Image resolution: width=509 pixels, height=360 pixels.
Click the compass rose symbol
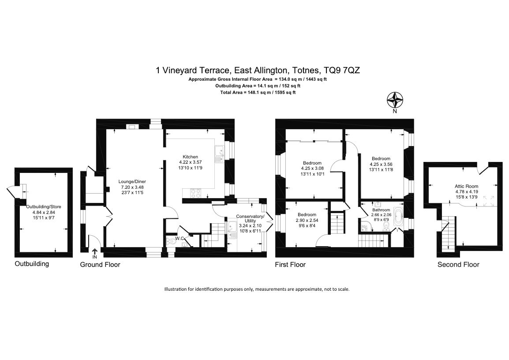[x=395, y=100]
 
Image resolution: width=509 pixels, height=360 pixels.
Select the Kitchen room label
[x=190, y=157]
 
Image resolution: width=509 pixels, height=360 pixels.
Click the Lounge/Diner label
[x=132, y=182]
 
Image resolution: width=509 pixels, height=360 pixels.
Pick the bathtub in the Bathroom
[x=398, y=217]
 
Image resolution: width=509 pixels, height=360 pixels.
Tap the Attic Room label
[x=467, y=186]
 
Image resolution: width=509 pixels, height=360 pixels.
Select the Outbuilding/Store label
[x=44, y=207]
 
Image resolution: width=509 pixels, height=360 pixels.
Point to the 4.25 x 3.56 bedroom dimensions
[x=381, y=164]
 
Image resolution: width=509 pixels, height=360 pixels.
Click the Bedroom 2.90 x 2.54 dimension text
[x=307, y=220]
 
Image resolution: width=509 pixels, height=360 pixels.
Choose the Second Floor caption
[x=458, y=265]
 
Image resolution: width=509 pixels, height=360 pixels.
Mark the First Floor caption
[x=290, y=265]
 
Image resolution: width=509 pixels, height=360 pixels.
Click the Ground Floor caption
[x=100, y=265]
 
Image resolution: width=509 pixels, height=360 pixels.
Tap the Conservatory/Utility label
[x=250, y=218]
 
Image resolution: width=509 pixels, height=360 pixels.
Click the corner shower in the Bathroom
[x=365, y=225]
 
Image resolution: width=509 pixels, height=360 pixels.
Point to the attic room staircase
[x=449, y=234]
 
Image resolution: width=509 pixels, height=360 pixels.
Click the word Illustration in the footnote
[x=175, y=289]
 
